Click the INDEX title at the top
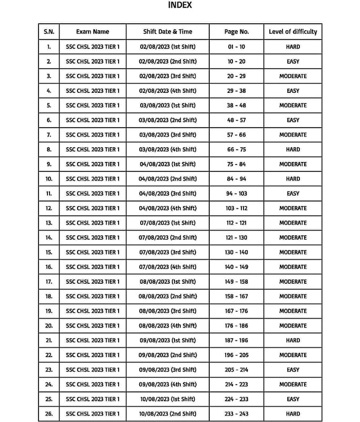(x=180, y=5)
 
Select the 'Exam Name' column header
(x=92, y=32)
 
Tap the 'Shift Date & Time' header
(x=168, y=32)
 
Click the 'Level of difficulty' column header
(x=293, y=32)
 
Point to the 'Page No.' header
(x=236, y=32)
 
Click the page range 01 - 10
(x=236, y=47)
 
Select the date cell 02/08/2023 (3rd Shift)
(x=168, y=76)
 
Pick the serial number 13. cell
(x=49, y=223)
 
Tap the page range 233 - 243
(x=236, y=414)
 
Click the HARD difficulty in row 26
(x=293, y=414)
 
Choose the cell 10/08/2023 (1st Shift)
(x=168, y=399)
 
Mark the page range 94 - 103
(x=236, y=194)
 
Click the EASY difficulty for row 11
(x=293, y=194)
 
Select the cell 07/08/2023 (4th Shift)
(x=168, y=267)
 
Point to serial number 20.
(x=49, y=325)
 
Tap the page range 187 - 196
(x=236, y=340)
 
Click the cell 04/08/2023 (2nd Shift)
(x=168, y=179)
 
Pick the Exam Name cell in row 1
(x=92, y=47)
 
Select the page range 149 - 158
(x=236, y=282)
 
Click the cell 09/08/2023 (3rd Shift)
(x=168, y=370)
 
